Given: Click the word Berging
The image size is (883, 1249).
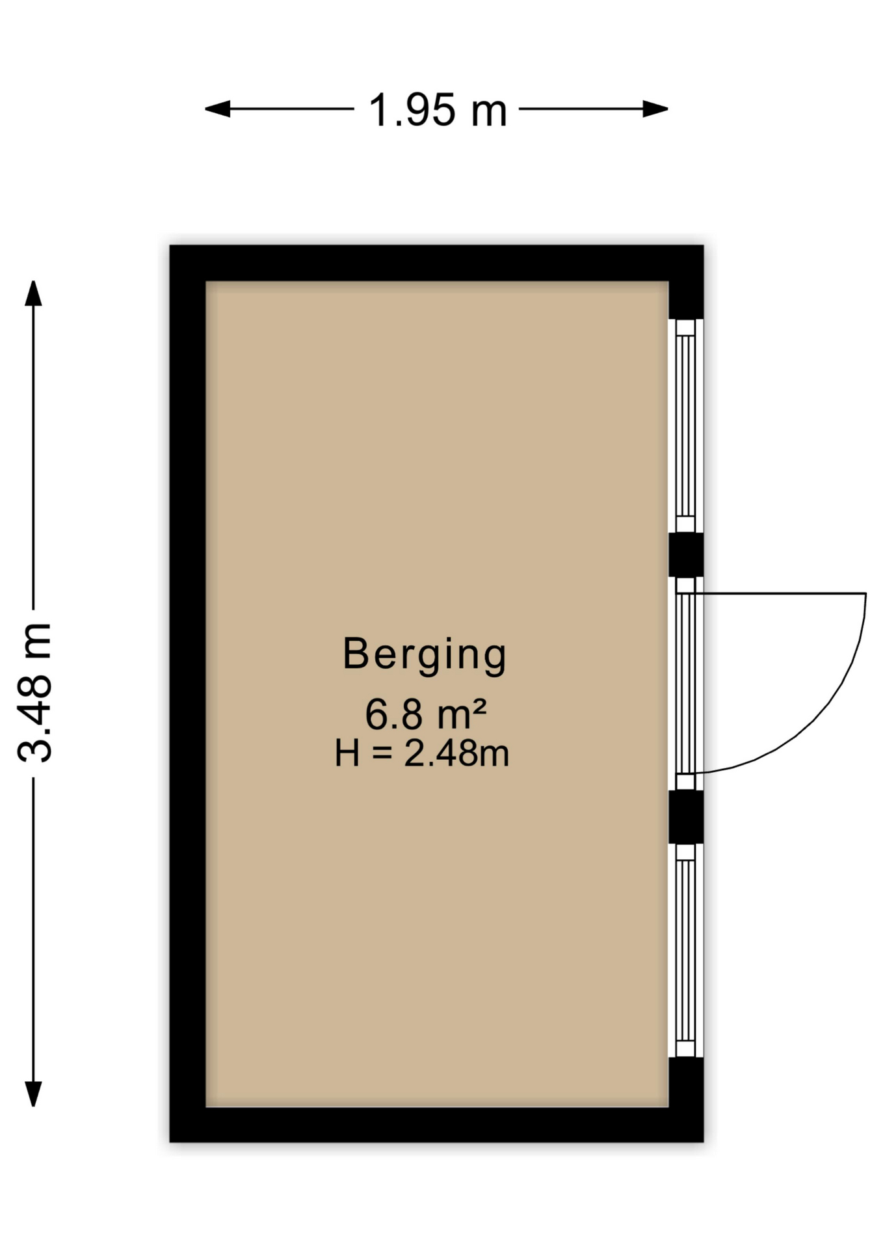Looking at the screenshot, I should [x=424, y=654].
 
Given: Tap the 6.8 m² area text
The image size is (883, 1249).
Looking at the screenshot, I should [x=425, y=714].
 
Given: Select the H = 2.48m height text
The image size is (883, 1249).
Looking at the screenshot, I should [x=421, y=754].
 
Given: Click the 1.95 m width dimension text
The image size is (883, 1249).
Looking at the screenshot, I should [x=437, y=110].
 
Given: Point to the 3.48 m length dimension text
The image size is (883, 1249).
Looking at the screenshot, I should [x=34, y=692].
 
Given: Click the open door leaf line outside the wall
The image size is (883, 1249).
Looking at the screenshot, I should [x=780, y=593].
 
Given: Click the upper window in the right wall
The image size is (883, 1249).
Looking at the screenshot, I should [x=685, y=426].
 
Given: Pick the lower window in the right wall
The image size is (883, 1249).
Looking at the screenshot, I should [x=685, y=950].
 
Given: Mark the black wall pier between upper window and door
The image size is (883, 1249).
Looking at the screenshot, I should [x=686, y=554].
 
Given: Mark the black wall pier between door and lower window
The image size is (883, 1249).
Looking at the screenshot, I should [x=686, y=816].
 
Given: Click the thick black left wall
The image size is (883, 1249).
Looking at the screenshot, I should [x=188, y=693].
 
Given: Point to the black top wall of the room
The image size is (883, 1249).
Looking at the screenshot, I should [x=436, y=263].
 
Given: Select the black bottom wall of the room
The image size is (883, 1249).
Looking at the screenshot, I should [x=436, y=1125].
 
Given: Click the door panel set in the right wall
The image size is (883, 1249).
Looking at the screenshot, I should [x=685, y=683].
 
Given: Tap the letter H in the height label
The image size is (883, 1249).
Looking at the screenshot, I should [x=347, y=754].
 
